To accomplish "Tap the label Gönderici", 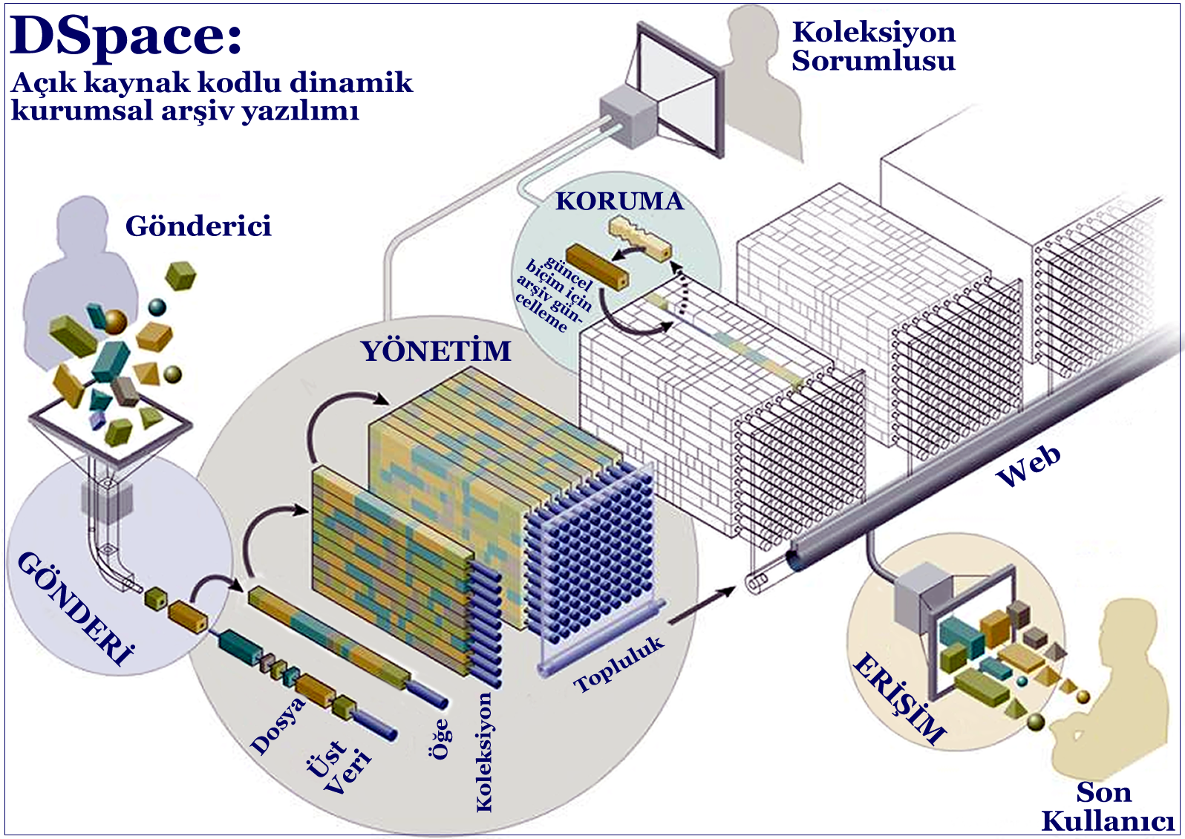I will tap(198, 226).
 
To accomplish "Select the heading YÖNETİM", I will tap(436, 350).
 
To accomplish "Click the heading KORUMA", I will tap(619, 201).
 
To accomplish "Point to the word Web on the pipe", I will tap(1028, 467).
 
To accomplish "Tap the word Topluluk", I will tap(618, 664).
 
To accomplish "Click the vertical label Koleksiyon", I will tap(484, 751).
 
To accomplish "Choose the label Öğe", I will tap(440, 739).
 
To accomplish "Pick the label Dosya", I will tap(278, 725).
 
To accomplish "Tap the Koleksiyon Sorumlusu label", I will tap(873, 46).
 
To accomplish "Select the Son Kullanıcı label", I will tap(1106, 807).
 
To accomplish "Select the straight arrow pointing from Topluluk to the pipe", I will tap(701, 605).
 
